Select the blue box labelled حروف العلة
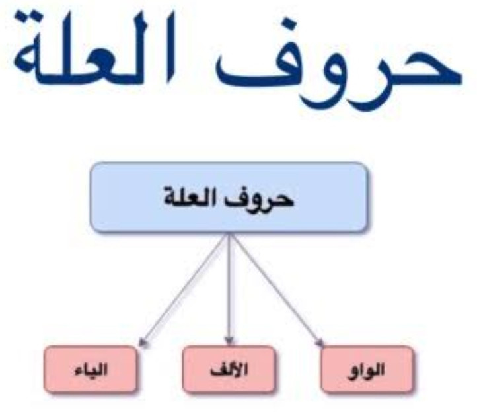point(229,197)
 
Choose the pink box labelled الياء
point(91,369)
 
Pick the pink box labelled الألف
point(229,369)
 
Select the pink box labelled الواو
point(367,369)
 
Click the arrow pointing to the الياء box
point(184,290)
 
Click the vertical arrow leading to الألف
point(229,289)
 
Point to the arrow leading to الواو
point(276,290)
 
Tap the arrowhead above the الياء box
point(143,342)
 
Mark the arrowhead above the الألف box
point(229,341)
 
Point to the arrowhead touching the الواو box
point(319,342)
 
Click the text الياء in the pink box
point(91,370)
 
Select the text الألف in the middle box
point(229,370)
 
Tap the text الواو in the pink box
point(365,370)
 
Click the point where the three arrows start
point(229,234)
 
